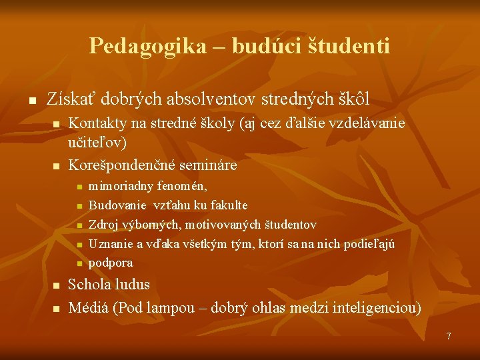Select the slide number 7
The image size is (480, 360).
coord(449,336)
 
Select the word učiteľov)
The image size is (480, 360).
coord(98,142)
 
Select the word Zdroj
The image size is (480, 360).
coord(103,225)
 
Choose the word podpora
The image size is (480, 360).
coord(111,263)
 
